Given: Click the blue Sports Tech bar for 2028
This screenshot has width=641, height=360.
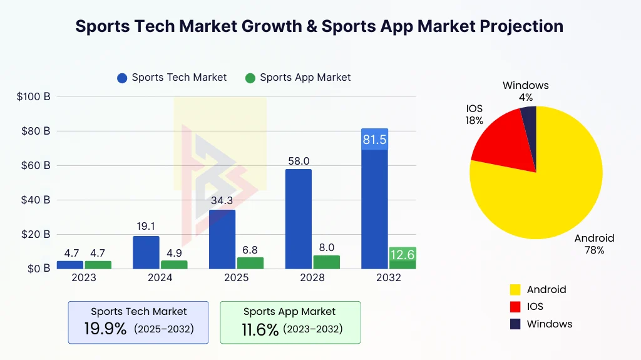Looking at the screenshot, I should click(298, 219).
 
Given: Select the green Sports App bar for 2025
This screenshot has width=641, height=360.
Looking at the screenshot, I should click(250, 263).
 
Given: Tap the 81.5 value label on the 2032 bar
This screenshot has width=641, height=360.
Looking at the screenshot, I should click(374, 140).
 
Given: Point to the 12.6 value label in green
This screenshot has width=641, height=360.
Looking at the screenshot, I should click(403, 255).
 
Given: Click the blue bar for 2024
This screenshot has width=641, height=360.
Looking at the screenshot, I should click(146, 252).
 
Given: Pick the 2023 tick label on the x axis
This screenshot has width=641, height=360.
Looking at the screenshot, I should click(83, 277).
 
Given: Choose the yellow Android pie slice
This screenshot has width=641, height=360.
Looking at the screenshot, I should click(545, 188).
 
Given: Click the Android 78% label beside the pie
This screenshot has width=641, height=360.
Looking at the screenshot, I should click(594, 244).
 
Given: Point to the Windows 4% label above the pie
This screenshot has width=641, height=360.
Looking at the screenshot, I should click(525, 91).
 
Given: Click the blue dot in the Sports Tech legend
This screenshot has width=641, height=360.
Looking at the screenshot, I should click(122, 78).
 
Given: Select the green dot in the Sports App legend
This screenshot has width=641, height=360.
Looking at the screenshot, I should click(250, 78).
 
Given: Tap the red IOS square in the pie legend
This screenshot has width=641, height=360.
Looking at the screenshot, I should click(515, 307).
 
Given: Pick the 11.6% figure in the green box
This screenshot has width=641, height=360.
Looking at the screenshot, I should click(260, 330).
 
